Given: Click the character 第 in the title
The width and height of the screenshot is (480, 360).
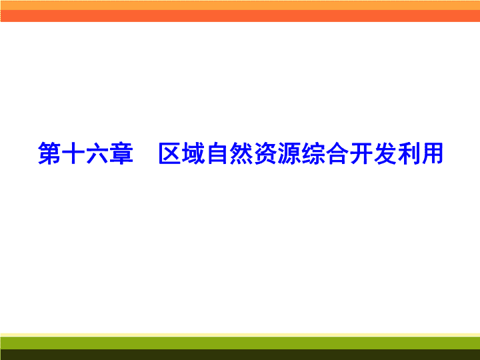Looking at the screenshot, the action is point(49,153).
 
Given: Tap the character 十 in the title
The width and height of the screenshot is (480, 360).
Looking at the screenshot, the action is point(73,153).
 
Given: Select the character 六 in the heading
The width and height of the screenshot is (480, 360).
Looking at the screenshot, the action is point(97,153).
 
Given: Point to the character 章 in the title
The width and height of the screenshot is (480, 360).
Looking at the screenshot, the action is point(121,153).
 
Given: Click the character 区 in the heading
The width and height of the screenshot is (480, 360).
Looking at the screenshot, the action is point(169,153).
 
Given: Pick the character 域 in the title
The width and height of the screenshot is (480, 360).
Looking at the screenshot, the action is point(193,153).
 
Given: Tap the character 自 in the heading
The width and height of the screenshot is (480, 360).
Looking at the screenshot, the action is point(217,153).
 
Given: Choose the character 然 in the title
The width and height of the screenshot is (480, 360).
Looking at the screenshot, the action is point(241,153).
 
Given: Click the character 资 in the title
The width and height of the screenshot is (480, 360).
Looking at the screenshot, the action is point(265,153).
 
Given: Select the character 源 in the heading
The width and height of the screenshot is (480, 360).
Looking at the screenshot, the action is point(289,153).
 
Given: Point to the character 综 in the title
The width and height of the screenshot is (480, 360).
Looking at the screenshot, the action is point(313,153).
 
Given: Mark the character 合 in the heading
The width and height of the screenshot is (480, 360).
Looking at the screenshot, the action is point(337,153).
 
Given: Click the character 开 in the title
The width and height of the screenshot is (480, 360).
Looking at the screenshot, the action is point(361,153).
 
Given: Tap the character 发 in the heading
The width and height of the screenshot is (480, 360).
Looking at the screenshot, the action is point(385,153).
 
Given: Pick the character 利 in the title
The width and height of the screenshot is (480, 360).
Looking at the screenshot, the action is point(409,153).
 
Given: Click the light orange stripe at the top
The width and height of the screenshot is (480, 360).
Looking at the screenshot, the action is point(240,5).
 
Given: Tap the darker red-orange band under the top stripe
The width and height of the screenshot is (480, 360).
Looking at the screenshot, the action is point(240,16).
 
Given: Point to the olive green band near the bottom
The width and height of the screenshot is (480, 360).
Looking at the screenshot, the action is point(240,343).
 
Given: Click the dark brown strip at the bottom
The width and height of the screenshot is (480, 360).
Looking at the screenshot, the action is point(240,355).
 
